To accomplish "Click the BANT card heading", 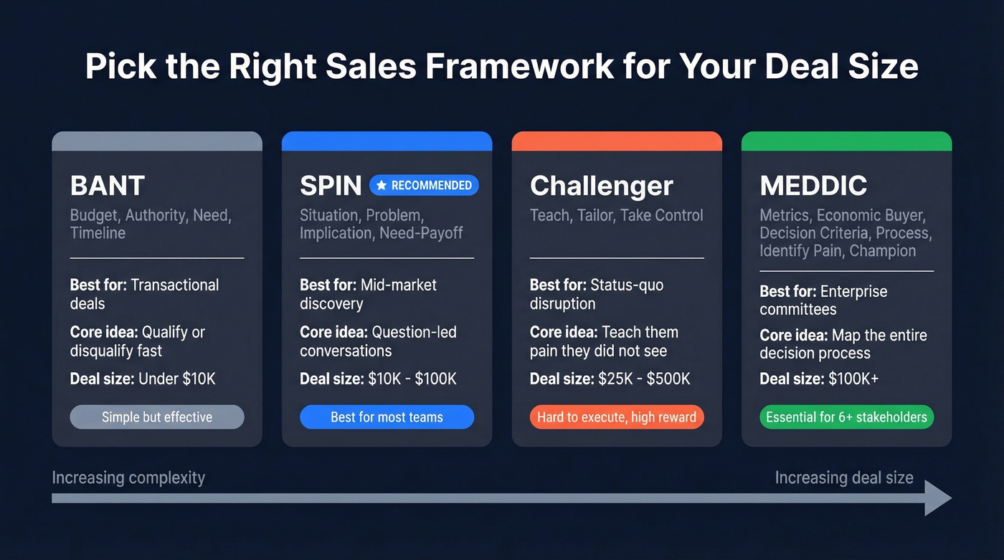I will (108, 186).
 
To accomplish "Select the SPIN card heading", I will (331, 186).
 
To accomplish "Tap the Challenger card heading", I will (601, 186).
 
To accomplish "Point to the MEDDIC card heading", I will (813, 186).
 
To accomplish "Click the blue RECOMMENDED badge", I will (424, 186).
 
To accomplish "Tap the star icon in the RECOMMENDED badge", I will (382, 186).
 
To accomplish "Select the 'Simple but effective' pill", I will (157, 417).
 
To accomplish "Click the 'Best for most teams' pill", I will (387, 417).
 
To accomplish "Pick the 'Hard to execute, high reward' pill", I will (617, 417).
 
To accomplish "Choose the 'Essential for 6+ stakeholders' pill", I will (846, 417).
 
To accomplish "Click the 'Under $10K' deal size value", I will (177, 379).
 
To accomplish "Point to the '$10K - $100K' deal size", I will (412, 379).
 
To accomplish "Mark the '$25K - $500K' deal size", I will (644, 379).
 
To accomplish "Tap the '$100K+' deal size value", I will (853, 379).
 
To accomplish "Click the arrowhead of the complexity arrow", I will (937, 498).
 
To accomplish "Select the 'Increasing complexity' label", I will (128, 478).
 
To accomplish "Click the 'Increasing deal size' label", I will (844, 478).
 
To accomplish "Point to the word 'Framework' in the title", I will (519, 67).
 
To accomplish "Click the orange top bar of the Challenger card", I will (617, 141).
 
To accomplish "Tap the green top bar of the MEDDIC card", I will (846, 141).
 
